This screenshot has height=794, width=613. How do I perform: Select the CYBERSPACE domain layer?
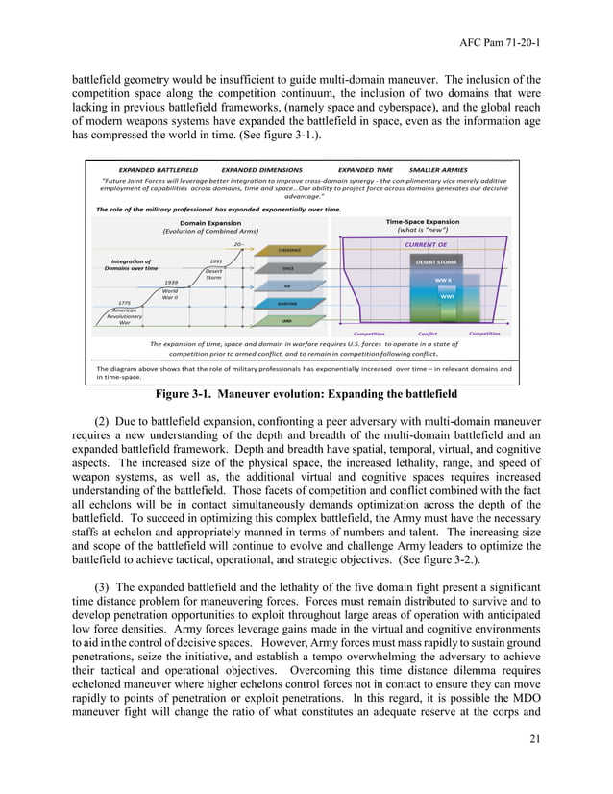coord(287,250)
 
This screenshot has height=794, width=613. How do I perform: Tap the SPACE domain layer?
coord(287,268)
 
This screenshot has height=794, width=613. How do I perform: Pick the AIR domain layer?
coord(287,285)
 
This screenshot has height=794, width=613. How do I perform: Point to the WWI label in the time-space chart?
coord(446,297)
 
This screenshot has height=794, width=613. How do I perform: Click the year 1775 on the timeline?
coord(124,303)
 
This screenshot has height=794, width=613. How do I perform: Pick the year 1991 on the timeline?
coord(216,261)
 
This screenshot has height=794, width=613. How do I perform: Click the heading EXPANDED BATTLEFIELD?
coord(158,169)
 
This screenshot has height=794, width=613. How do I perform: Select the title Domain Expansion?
coord(210,222)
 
